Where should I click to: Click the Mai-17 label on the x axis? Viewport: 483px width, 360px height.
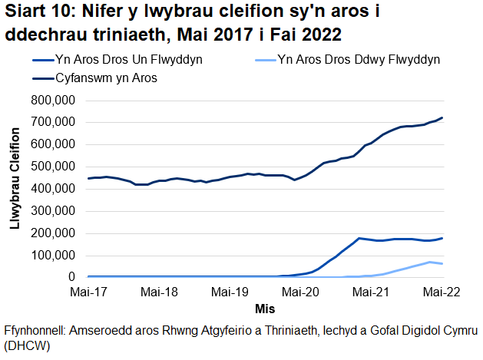click(89, 292)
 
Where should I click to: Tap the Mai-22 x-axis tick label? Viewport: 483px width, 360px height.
click(443, 292)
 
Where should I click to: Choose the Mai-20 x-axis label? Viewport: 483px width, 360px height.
click(301, 292)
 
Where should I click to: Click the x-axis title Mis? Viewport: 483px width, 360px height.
click(266, 309)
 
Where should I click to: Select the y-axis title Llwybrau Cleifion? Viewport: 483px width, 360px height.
click(14, 188)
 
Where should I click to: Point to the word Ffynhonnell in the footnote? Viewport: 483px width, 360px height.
click(35, 329)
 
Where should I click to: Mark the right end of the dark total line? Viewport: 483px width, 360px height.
click(443, 117)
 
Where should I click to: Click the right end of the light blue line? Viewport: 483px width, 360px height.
click(443, 264)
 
